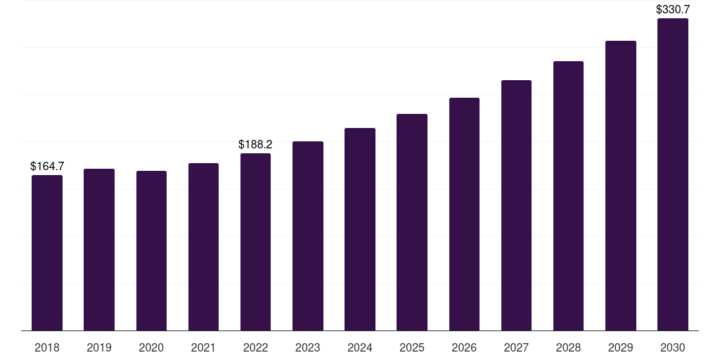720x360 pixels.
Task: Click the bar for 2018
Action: coord(47,253)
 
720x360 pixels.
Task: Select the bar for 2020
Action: coord(152,251)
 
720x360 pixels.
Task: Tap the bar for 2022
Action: coord(255,242)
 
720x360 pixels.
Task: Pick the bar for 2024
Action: coord(360,230)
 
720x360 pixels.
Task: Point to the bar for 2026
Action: coord(464,214)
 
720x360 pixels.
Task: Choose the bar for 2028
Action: coord(568,196)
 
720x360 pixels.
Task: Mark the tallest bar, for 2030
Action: coord(673,174)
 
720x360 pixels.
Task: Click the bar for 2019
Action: coord(99,250)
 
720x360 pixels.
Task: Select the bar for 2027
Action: coord(516,206)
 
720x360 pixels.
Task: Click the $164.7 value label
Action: coord(47,166)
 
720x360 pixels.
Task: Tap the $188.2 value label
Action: coord(255,145)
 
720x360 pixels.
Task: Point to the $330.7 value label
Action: coord(673,10)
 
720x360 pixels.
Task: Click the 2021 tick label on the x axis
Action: coord(203,347)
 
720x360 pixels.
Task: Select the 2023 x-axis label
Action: coord(308,347)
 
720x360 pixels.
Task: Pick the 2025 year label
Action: coord(412,347)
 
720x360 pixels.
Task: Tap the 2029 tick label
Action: coord(621,347)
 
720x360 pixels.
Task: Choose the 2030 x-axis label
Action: coord(673,347)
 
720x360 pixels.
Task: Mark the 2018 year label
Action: coord(47,347)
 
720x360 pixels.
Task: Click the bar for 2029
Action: coord(621,186)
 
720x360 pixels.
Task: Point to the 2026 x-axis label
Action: coord(464,347)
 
